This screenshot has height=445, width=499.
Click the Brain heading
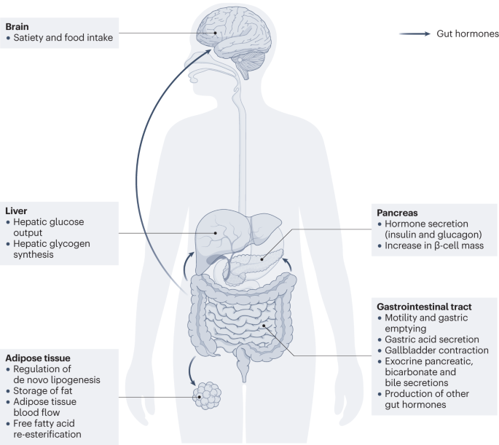coord(17,26)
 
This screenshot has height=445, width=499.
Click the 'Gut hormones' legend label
coord(467,34)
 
